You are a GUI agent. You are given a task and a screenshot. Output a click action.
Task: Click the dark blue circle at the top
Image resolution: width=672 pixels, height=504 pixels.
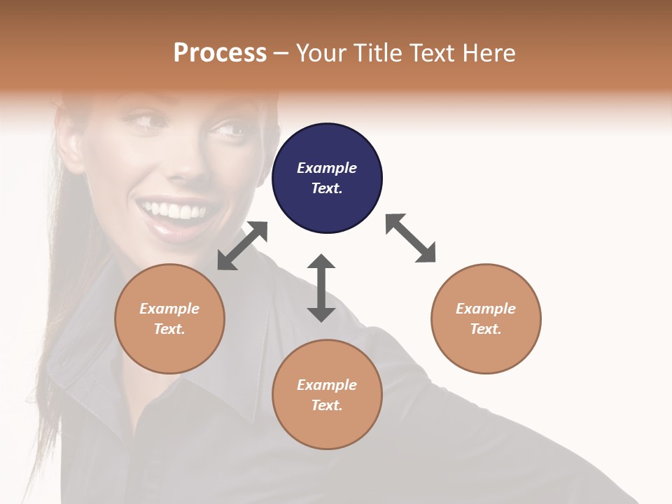tap(327, 178)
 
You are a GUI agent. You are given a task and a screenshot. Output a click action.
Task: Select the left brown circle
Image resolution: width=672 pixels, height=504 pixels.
tap(169, 318)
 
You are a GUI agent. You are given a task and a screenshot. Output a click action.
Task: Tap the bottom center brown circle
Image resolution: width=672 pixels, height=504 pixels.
tap(327, 395)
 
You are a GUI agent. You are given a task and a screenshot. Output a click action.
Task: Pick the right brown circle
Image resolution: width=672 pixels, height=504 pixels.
tap(486, 318)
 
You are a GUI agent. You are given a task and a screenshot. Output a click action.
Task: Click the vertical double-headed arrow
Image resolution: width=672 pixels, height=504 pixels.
tap(321, 288)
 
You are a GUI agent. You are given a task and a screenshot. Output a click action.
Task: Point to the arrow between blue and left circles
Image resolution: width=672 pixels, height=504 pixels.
tap(242, 246)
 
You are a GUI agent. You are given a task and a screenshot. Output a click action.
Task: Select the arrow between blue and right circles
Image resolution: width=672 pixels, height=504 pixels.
tap(410, 238)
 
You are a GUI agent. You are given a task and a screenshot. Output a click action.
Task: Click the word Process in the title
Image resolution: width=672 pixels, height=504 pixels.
tap(220, 52)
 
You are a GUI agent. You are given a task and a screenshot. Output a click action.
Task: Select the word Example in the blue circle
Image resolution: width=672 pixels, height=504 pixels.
tap(327, 168)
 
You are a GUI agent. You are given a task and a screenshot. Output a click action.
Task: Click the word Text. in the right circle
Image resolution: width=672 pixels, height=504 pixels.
tap(486, 329)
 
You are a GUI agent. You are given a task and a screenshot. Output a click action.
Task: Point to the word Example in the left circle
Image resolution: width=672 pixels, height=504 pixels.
tap(169, 309)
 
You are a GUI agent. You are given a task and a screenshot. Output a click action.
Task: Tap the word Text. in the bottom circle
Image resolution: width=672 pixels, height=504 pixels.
tap(327, 405)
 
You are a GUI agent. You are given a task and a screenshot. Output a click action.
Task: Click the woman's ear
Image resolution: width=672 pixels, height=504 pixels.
tap(70, 140)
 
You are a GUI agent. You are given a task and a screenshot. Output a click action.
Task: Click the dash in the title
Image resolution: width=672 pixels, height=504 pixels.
tap(281, 53)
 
